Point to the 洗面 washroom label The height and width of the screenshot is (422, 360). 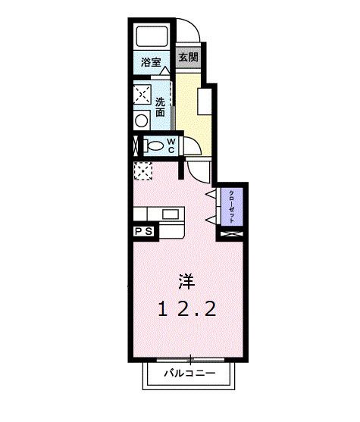[x=161, y=107]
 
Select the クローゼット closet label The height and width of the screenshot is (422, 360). [x=232, y=204]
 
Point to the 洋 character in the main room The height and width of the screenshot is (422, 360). [x=185, y=283]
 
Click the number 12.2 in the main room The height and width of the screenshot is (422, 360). [x=188, y=308]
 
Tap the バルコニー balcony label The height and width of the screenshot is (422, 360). [x=190, y=375]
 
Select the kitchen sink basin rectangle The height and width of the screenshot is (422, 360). [x=170, y=214]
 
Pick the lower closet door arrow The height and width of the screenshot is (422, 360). [x=211, y=220]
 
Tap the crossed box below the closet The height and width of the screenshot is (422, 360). [x=231, y=236]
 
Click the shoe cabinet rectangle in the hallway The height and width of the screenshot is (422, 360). [x=204, y=100]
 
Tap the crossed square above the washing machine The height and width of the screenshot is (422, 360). [x=142, y=95]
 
